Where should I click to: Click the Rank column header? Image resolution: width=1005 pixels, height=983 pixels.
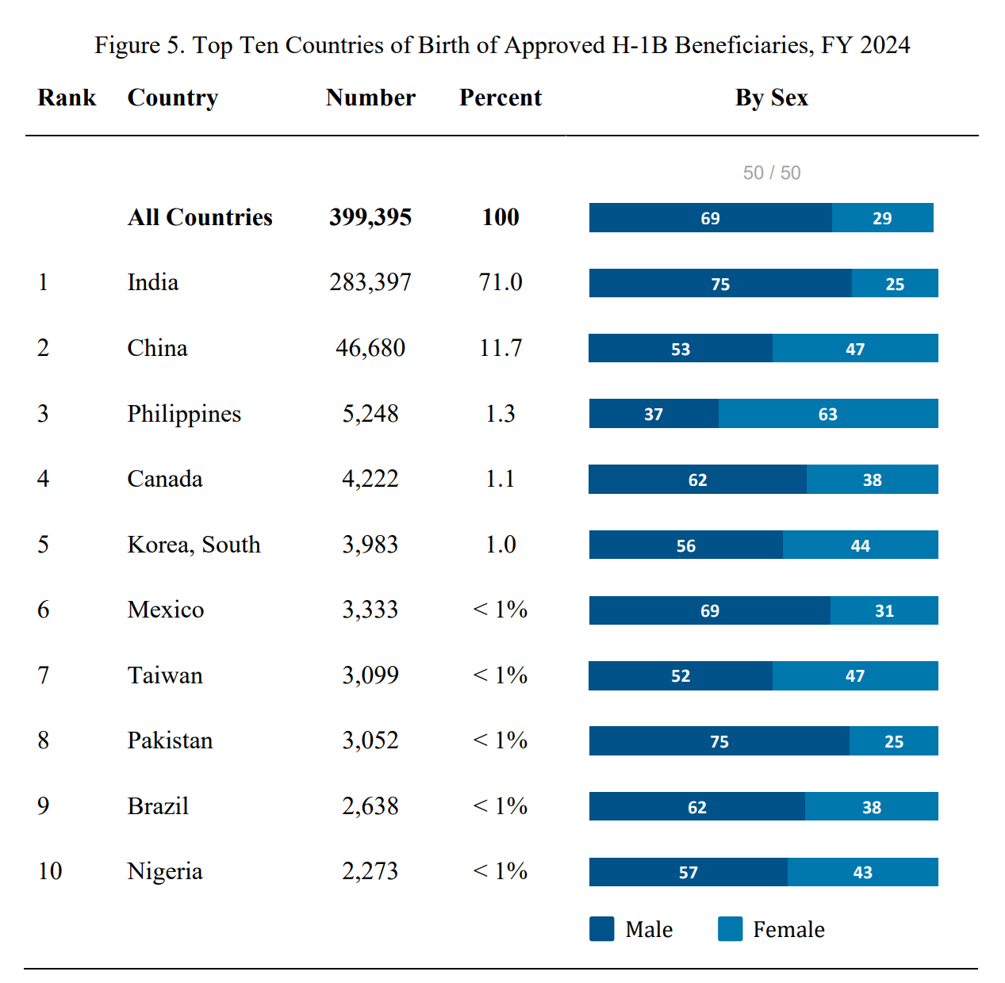[x=67, y=98]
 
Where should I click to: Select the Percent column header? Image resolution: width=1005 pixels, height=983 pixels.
[x=501, y=98]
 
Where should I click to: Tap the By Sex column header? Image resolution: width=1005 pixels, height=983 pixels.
[x=771, y=98]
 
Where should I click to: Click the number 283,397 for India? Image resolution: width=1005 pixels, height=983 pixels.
[x=370, y=282]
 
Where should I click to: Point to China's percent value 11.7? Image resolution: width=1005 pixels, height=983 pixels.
[x=501, y=348]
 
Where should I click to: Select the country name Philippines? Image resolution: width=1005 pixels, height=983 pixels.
[x=184, y=414]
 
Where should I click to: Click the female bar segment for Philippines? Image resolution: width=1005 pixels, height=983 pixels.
[x=828, y=414]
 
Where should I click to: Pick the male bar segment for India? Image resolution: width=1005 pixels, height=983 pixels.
[x=720, y=283]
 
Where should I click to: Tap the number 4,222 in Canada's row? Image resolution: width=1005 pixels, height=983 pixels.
[x=370, y=479]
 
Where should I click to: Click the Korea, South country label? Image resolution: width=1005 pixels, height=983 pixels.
[x=194, y=545]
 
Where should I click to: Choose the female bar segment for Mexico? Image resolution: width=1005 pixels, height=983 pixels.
[x=884, y=610]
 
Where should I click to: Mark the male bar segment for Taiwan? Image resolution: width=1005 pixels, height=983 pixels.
[x=681, y=675]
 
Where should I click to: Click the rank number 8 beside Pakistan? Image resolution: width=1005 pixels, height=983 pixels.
[x=44, y=740]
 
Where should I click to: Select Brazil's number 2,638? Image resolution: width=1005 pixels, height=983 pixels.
[x=370, y=806]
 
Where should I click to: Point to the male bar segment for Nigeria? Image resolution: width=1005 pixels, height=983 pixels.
[x=688, y=872]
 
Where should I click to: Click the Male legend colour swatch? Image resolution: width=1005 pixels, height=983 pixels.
[x=602, y=929]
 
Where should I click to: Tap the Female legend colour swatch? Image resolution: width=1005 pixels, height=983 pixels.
[x=730, y=929]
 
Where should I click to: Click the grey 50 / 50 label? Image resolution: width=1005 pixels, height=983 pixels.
[x=771, y=173]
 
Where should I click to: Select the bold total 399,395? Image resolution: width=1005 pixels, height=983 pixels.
[x=370, y=217]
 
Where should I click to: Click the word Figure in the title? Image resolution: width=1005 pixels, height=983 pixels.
[x=127, y=45]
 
